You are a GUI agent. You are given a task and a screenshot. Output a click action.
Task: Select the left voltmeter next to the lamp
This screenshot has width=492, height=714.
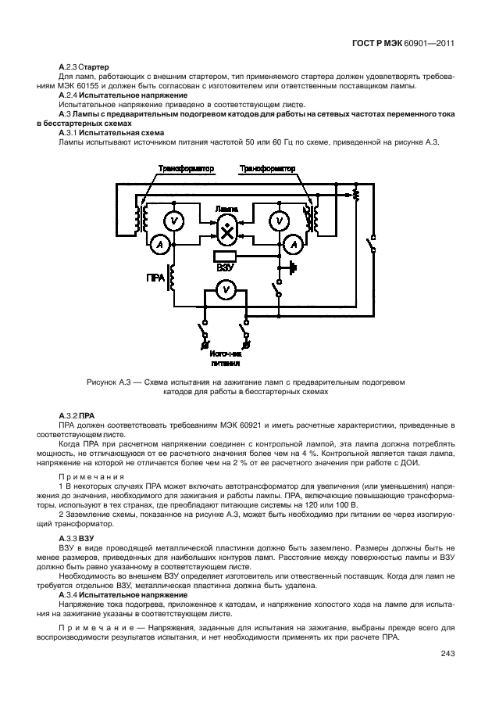click(x=177, y=222)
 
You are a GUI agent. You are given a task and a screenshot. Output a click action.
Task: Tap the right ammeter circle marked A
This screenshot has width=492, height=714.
click(x=294, y=245)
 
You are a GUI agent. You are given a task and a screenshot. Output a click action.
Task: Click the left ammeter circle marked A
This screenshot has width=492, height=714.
click(x=159, y=245)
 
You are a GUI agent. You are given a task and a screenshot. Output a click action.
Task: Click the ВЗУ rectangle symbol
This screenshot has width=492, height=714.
click(x=225, y=255)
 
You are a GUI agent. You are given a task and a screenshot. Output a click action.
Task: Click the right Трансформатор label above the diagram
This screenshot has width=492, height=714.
click(x=266, y=168)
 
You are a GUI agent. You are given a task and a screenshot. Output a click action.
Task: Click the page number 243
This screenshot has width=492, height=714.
click(x=447, y=654)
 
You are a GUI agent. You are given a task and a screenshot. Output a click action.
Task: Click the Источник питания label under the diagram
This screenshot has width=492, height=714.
click(x=225, y=357)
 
